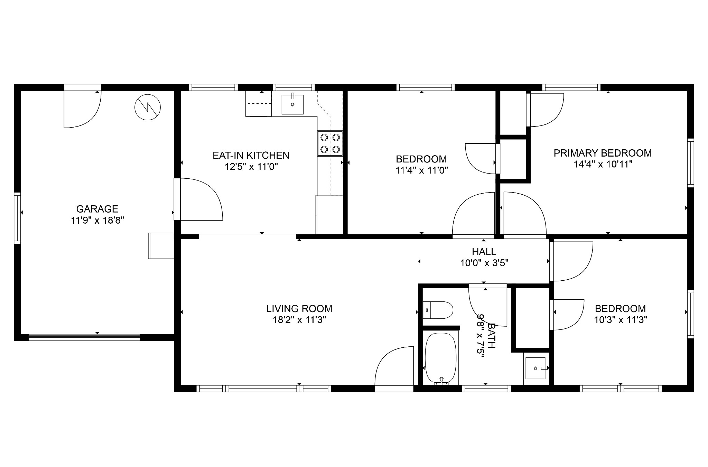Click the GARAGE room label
pos(97,209)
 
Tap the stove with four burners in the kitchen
pos(330,143)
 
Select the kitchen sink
pos(292,104)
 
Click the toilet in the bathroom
pos(438,310)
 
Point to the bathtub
pos(441,358)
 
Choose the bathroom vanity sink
pos(535,368)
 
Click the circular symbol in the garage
pos(148,107)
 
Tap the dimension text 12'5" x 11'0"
pos(251,167)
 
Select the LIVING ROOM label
pos(299,308)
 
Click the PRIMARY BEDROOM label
pos(603,153)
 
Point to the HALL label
pos(484,252)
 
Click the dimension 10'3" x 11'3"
pos(621,320)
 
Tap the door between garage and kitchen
pos(198,199)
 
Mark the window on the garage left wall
pos(17,218)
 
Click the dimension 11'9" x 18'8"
pos(97,220)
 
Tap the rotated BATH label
pos(491,336)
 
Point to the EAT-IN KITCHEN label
pos(251,155)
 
